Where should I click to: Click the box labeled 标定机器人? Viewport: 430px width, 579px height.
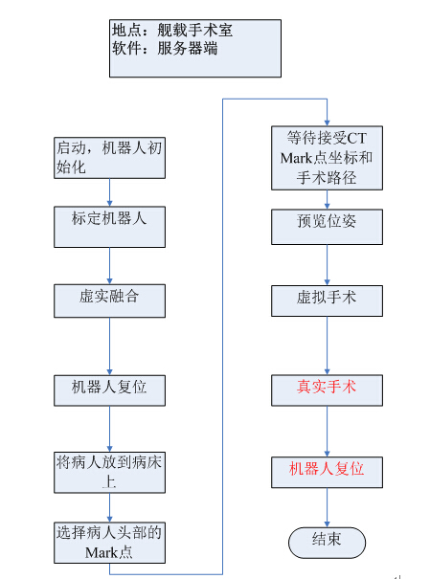pyautogui.click(x=109, y=227)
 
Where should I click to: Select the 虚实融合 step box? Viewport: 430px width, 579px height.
pyautogui.click(x=109, y=301)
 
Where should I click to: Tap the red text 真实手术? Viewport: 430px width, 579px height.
pyautogui.click(x=327, y=387)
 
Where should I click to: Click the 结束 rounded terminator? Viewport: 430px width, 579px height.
pyautogui.click(x=327, y=543)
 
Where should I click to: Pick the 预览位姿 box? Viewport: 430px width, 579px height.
pyautogui.click(x=327, y=227)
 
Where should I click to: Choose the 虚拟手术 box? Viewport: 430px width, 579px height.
pyautogui.click(x=327, y=301)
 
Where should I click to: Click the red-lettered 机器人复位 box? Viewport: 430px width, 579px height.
pyautogui.click(x=327, y=472)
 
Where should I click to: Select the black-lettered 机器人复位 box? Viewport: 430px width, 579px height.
pyautogui.click(x=109, y=390)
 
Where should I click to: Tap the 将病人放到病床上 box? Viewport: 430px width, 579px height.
pyautogui.click(x=109, y=472)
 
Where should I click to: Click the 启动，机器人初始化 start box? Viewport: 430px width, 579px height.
pyautogui.click(x=109, y=158)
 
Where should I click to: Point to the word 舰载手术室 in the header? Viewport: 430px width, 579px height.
pyautogui.click(x=195, y=30)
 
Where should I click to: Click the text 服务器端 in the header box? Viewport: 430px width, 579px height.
pyautogui.click(x=188, y=49)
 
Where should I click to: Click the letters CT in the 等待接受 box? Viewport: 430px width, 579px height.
pyautogui.click(x=357, y=139)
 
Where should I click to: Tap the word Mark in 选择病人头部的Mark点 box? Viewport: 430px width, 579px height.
pyautogui.click(x=102, y=553)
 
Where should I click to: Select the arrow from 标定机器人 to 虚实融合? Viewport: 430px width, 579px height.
pyautogui.click(x=109, y=266)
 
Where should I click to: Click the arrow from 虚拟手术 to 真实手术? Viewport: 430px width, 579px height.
pyautogui.click(x=327, y=345)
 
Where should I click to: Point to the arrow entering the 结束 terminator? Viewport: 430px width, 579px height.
pyautogui.click(x=327, y=508)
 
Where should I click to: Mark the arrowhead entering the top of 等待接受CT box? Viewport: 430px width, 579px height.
pyautogui.click(x=327, y=122)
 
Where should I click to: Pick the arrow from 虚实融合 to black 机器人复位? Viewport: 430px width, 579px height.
pyautogui.click(x=109, y=346)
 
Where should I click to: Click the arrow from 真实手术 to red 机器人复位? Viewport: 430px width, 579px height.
pyautogui.click(x=327, y=432)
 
